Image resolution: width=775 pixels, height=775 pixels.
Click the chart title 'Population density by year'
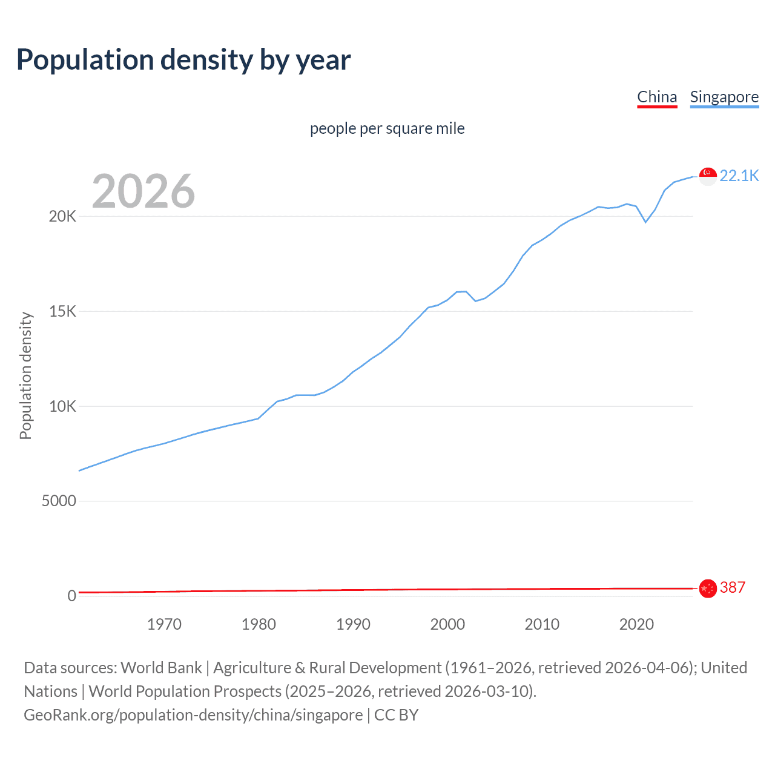point(183,60)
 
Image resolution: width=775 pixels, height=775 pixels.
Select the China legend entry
point(657,97)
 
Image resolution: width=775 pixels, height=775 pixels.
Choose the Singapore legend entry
point(724,97)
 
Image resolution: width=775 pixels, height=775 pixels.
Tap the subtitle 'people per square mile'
point(387,128)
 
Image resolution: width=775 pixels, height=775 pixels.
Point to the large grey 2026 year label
point(143,191)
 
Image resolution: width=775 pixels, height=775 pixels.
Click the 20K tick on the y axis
point(62,217)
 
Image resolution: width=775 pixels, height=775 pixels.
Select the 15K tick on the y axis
point(62,312)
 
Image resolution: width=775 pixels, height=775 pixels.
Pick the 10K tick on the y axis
point(62,406)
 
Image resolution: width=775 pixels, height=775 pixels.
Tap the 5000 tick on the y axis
point(59,501)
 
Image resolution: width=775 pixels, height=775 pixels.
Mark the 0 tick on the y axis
point(71,596)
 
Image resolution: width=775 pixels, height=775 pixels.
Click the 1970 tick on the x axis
point(164,624)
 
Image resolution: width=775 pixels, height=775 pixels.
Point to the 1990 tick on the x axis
point(353,624)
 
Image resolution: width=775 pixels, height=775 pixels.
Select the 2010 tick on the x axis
point(542,624)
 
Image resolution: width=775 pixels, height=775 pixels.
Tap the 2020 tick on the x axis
point(636,624)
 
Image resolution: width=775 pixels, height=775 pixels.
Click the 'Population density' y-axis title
point(25,375)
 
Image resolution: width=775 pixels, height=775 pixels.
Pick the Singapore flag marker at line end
point(708,176)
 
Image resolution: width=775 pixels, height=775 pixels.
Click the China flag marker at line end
point(708,588)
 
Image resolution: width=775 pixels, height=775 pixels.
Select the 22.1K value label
point(739,176)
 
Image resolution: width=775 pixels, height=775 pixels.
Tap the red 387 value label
point(732,587)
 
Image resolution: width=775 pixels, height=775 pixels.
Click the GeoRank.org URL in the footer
point(193,715)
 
